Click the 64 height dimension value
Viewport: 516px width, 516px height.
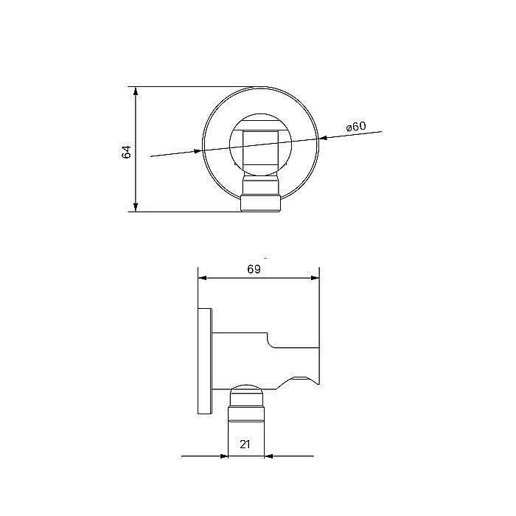tap(126, 152)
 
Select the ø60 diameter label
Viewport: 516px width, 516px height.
tap(356, 127)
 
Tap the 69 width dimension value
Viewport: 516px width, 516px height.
tap(254, 269)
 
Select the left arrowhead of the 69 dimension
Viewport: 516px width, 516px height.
tap(203, 279)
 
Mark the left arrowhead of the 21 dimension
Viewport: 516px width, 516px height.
tap(223, 456)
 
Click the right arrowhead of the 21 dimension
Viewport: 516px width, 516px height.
tap(269, 456)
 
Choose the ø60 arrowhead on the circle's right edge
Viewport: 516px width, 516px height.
tap(323, 138)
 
